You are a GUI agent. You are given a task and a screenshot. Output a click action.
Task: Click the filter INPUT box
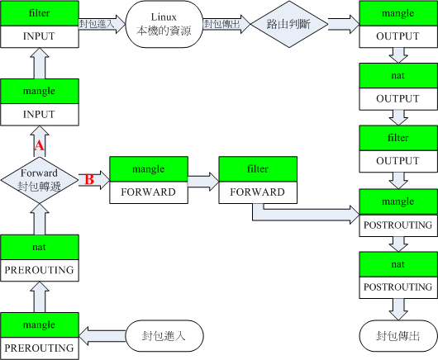point(40,25)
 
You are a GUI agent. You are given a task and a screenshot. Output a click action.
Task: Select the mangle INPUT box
point(40,102)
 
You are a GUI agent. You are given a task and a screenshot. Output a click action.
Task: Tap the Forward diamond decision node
point(40,179)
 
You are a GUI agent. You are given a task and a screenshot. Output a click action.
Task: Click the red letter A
point(38,145)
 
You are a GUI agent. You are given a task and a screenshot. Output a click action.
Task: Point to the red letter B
point(89,179)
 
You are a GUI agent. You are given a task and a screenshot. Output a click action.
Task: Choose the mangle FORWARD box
point(149,179)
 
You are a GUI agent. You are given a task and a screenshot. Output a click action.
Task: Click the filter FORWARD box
point(258,179)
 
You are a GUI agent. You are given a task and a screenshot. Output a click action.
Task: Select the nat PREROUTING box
point(40,257)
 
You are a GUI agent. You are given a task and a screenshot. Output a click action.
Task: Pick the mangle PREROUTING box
point(40,334)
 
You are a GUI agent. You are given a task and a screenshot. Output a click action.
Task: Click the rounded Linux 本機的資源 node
point(164,25)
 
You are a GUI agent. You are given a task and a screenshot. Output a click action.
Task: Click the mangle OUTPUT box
point(398,25)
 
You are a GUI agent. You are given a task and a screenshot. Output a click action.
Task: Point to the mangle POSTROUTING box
point(398,211)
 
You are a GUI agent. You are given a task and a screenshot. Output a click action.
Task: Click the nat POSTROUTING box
point(398,274)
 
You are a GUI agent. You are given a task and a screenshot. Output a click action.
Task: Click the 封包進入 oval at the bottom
point(164,336)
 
